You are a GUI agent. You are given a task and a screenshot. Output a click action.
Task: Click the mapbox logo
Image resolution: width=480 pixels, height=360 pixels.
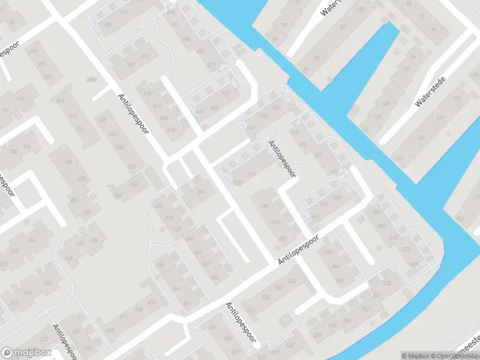click(x=25, y=353)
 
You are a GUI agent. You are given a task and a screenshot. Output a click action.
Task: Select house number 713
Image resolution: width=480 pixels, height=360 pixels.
click(x=124, y=11)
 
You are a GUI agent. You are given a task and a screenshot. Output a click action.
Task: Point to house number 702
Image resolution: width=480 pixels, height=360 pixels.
click(x=131, y=64)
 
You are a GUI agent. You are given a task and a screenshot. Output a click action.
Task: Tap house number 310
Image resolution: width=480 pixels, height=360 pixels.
click(x=73, y=116)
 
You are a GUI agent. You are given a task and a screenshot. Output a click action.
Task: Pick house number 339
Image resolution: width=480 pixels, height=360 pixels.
click(x=103, y=121)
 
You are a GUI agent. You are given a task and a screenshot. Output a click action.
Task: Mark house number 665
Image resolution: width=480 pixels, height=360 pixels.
click(x=171, y=130)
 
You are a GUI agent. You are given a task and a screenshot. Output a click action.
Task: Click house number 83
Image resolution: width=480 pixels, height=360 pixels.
click(x=343, y=27)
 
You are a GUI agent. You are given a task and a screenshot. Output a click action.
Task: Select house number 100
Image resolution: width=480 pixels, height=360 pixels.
click(x=364, y=130)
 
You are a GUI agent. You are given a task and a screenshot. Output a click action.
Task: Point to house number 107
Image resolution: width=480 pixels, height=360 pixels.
click(x=440, y=118)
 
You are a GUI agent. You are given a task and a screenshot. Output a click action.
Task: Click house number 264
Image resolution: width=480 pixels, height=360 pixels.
click(x=31, y=241)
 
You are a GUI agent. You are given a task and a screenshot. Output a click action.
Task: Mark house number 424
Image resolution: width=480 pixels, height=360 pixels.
click(x=76, y=331)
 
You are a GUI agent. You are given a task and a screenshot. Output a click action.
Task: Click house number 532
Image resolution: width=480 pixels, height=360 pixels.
click(x=278, y=289)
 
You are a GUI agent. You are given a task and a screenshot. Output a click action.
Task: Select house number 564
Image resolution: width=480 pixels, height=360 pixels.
click(x=335, y=266)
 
